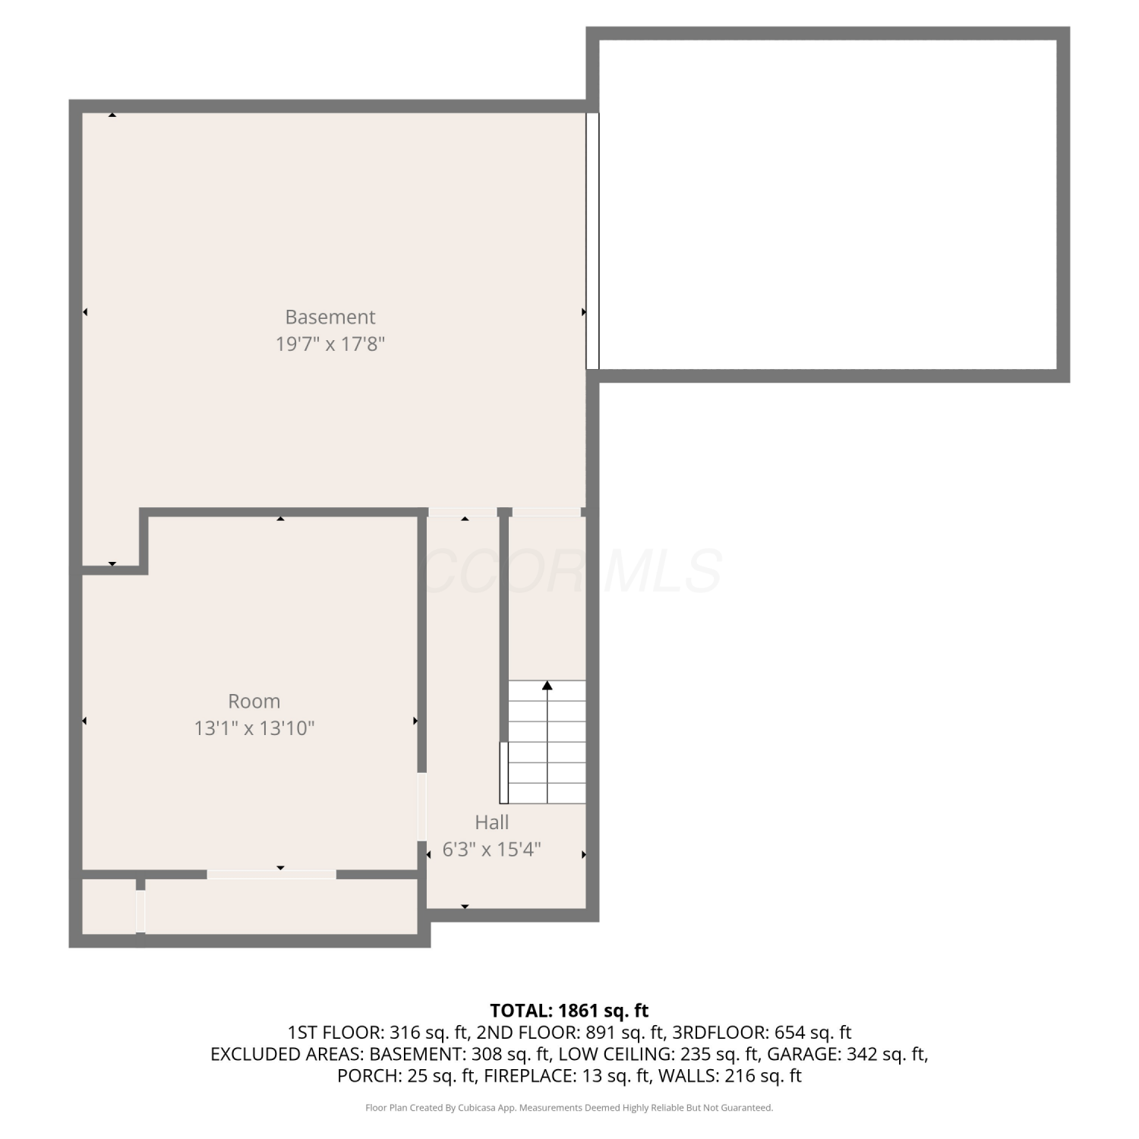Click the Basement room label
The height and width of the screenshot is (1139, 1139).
330,317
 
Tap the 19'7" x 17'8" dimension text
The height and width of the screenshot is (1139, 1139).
330,344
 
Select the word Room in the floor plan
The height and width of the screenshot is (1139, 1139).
254,701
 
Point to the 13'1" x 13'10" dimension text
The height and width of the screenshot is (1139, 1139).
254,728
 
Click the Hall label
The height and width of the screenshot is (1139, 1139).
492,822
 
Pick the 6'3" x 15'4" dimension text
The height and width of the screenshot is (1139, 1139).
492,849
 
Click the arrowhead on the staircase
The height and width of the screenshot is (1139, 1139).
547,686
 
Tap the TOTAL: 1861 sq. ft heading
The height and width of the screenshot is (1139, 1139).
569,1011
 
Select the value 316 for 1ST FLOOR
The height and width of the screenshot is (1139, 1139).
403,1033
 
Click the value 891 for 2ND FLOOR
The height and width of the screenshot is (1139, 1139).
600,1033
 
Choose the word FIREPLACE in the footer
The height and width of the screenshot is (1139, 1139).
528,1076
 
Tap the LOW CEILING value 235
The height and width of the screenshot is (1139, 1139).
693,1054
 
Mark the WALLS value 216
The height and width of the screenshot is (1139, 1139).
740,1076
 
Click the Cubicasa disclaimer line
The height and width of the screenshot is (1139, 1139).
569,1108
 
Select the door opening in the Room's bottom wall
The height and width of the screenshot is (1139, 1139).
272,875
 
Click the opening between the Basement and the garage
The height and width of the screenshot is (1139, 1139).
593,241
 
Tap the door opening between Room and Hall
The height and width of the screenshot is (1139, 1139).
422,806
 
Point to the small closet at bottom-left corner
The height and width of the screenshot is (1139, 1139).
109,907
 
